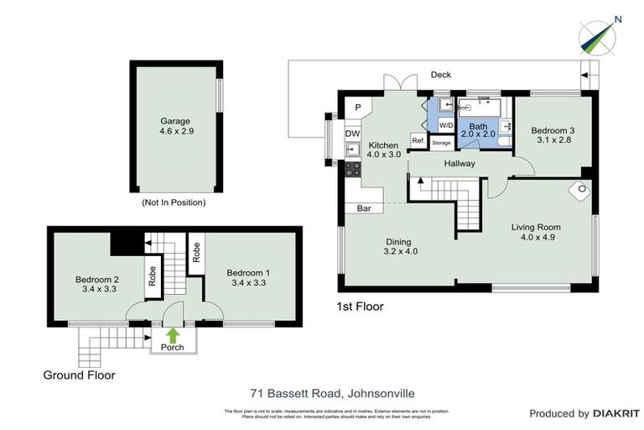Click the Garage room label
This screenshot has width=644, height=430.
tap(175, 121)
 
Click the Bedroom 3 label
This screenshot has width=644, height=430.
tap(553, 130)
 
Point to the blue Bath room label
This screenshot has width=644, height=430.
tap(477, 126)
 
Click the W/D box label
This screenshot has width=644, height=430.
tap(445, 124)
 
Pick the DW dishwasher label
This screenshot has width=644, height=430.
tap(352, 134)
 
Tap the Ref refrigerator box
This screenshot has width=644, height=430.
tap(417, 140)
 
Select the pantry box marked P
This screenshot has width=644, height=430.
tap(356, 107)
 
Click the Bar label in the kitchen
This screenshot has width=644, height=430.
tap(365, 207)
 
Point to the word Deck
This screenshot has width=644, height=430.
tap(441, 75)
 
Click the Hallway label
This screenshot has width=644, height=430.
tap(460, 164)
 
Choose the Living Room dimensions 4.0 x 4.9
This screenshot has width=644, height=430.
tap(537, 238)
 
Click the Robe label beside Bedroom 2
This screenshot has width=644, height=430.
tap(152, 276)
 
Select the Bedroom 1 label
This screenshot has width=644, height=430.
tap(248, 273)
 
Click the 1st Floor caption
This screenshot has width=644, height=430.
tap(360, 307)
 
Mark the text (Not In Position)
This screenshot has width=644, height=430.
tap(174, 202)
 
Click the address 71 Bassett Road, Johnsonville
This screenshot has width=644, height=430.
tap(333, 392)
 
